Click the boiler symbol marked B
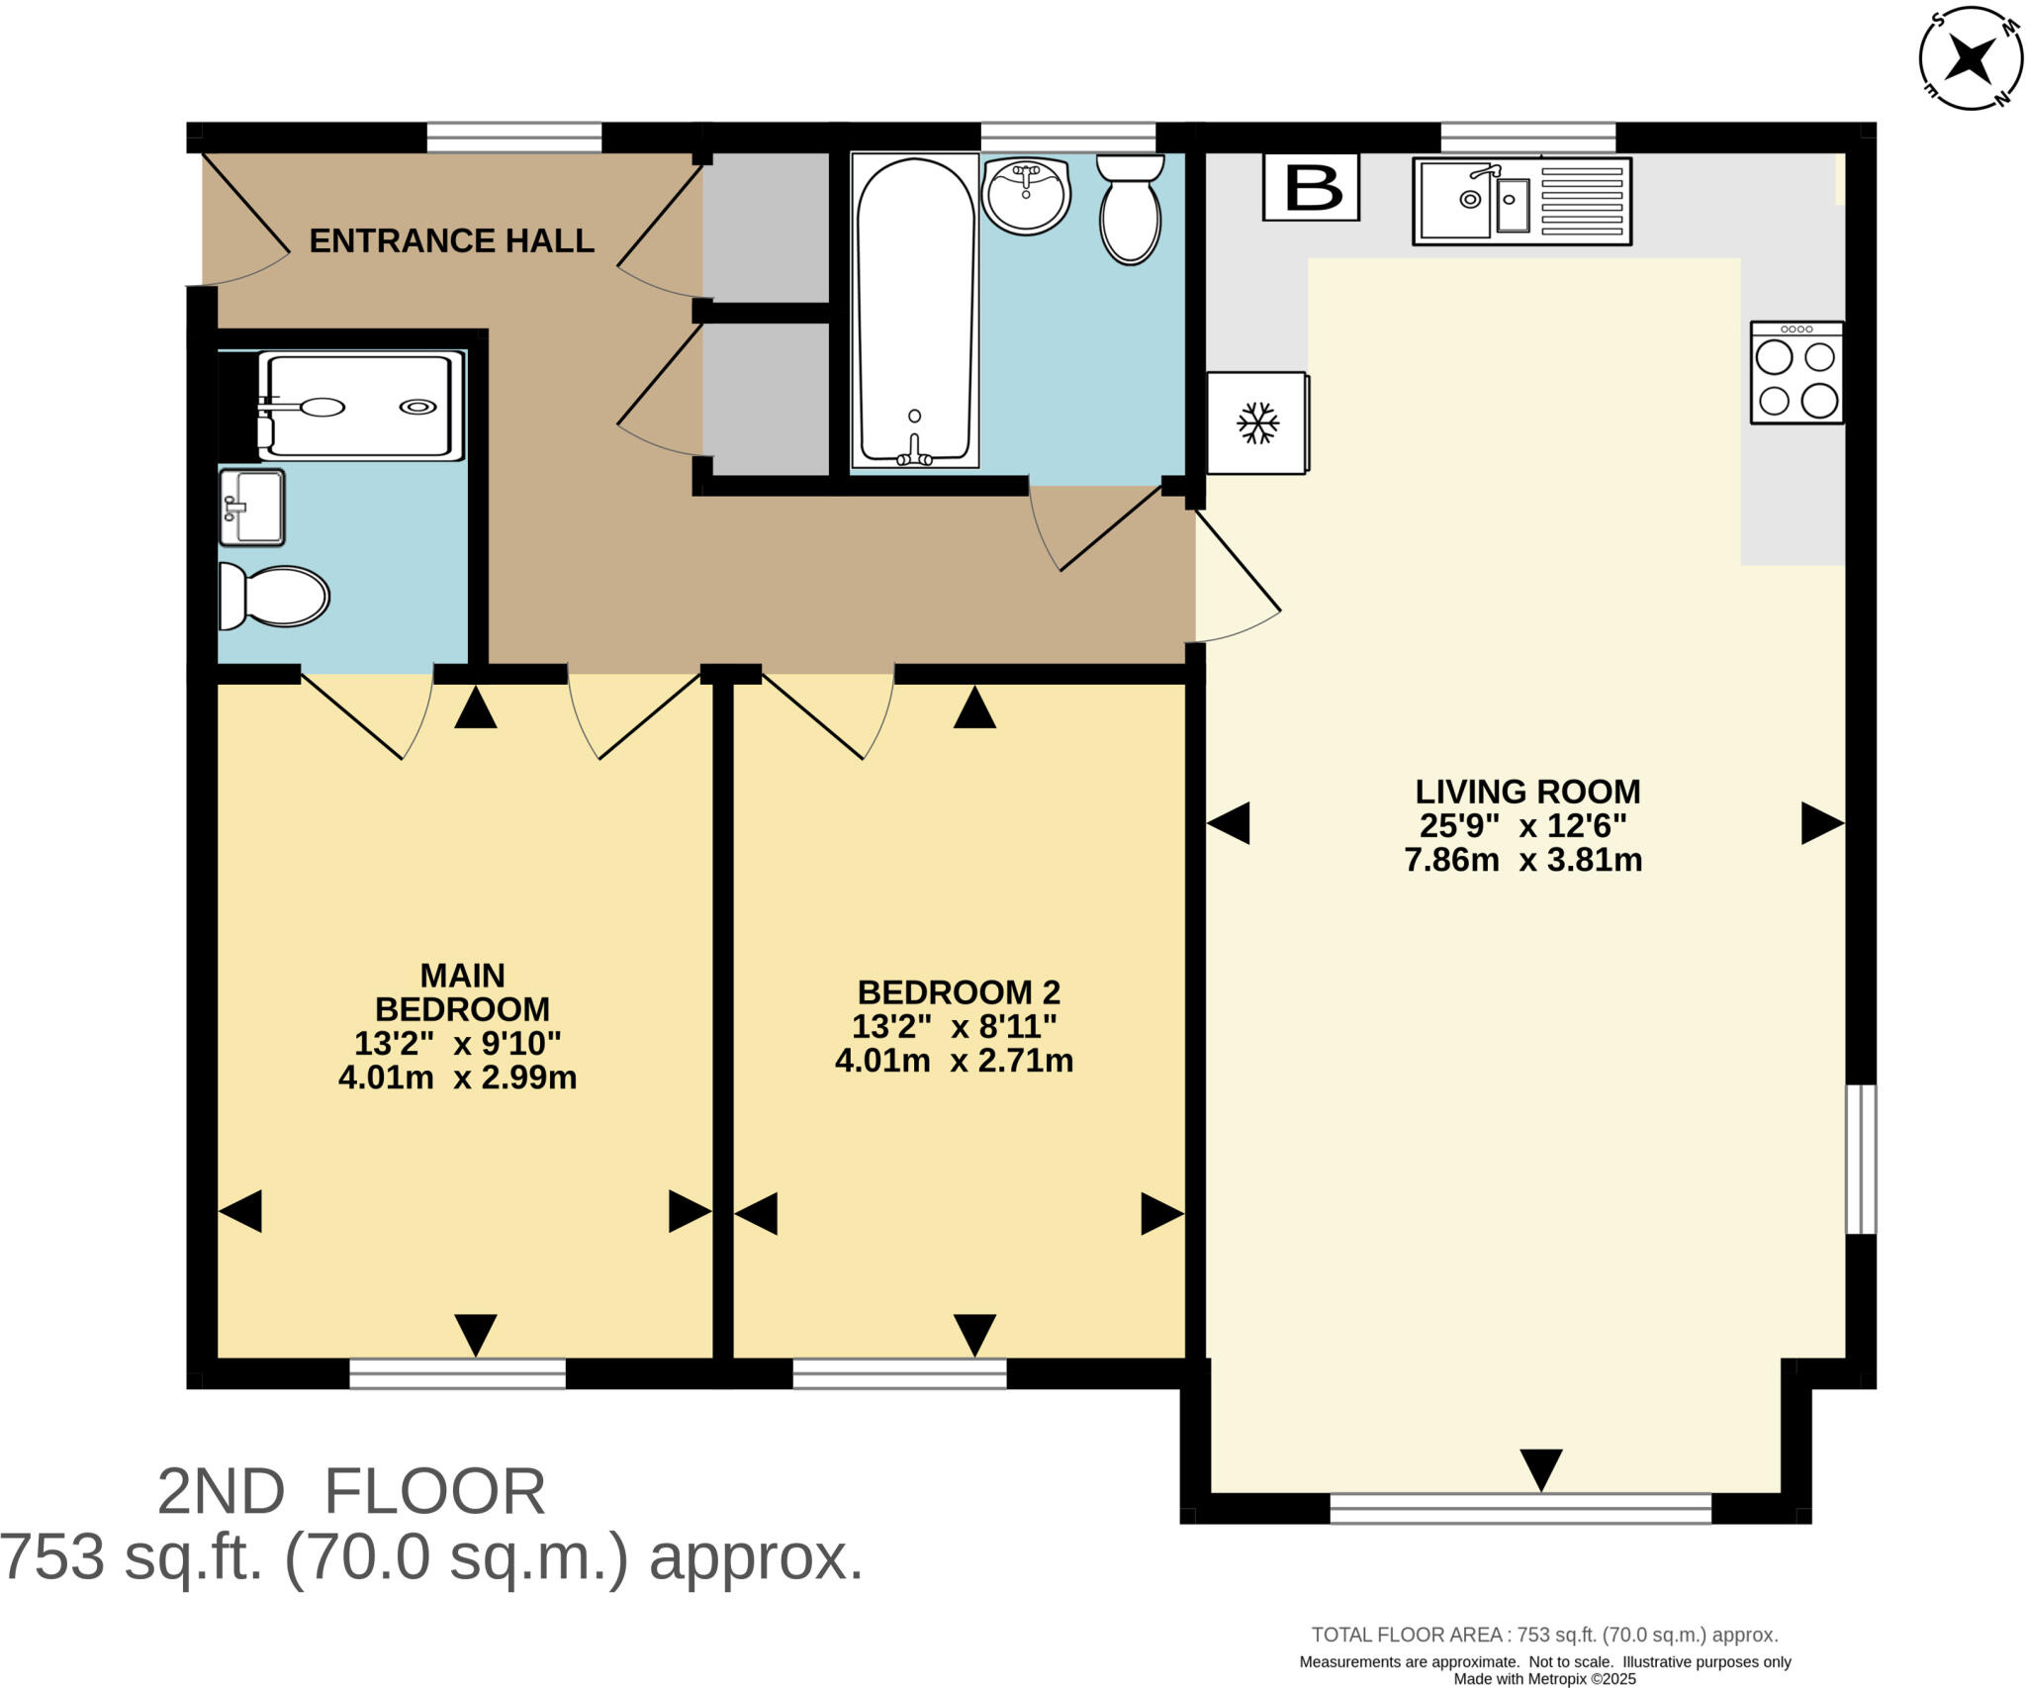coord(1311,187)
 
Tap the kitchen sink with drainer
coord(1521,201)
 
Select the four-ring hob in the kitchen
coord(1796,373)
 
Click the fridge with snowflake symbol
coord(1257,422)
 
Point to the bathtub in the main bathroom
coord(914,310)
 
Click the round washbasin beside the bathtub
coord(1026,195)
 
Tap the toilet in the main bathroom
coord(1130,209)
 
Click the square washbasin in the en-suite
coord(252,508)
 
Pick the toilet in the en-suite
coord(274,597)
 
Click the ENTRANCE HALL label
coord(451,240)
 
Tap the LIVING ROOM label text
coord(1526,792)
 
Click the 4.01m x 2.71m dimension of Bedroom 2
coord(954,1061)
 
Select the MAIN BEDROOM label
coord(462,992)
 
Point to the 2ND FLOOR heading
coord(351,1492)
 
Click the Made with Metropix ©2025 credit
coord(1544,1678)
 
